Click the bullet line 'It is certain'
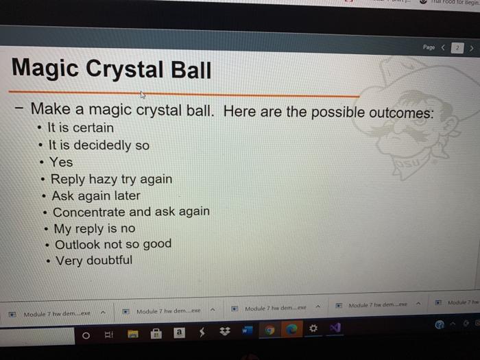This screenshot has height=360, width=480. (x=81, y=128)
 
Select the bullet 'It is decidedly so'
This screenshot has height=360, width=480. (x=99, y=145)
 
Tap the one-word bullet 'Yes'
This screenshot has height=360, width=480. (x=61, y=163)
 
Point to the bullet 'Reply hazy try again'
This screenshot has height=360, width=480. (x=111, y=180)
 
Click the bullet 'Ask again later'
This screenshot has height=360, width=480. (x=96, y=195)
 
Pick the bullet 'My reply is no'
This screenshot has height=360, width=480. (x=95, y=228)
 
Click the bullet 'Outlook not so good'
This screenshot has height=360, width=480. (x=113, y=244)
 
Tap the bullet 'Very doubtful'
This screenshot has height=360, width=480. (x=95, y=261)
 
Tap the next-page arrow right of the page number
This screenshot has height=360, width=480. (x=472, y=48)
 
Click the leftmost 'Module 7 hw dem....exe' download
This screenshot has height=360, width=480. (x=57, y=314)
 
